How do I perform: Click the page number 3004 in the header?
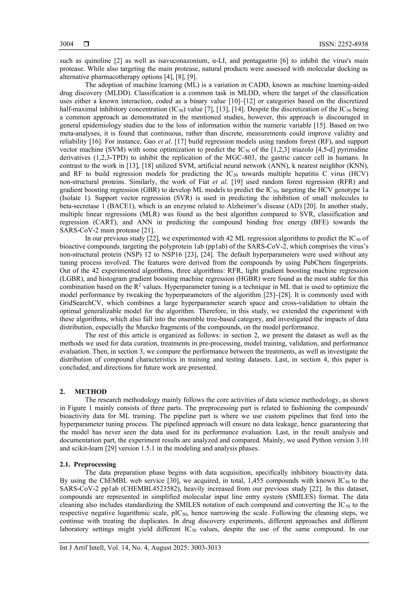click(66, 44)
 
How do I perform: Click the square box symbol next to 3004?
click(87, 44)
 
